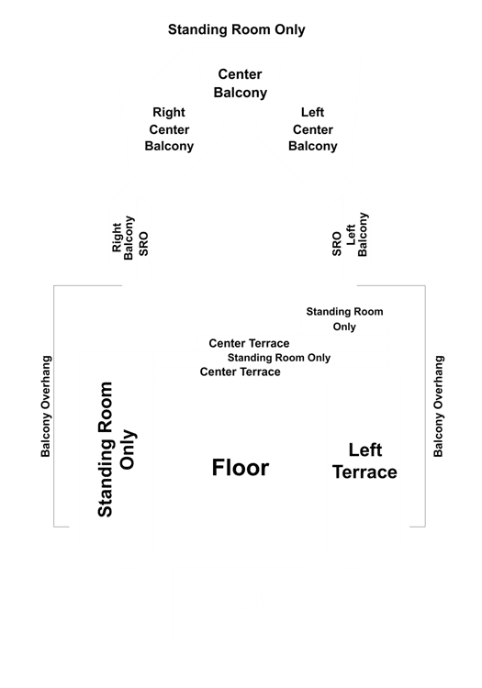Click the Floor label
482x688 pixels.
click(241, 467)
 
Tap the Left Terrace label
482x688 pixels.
click(364, 461)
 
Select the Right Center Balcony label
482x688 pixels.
click(169, 129)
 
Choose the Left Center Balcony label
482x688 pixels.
click(312, 129)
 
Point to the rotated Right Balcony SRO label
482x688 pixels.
click(130, 238)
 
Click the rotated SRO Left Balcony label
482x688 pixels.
click(350, 234)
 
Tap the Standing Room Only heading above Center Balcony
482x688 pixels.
click(237, 29)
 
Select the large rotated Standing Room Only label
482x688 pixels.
click(117, 449)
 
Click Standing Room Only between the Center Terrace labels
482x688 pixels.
click(279, 358)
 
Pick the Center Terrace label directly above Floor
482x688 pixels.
click(241, 372)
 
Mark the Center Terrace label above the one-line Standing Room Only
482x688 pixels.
click(249, 343)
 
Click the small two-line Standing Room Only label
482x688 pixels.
click(344, 319)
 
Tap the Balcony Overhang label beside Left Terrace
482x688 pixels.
click(439, 406)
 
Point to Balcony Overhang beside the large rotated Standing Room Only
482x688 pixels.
click(46, 406)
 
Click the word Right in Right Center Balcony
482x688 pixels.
click(169, 112)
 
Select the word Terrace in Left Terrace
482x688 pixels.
click(364, 472)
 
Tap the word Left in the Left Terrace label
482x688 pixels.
click(365, 450)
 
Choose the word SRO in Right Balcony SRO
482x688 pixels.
click(143, 244)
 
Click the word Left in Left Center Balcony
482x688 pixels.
click(312, 112)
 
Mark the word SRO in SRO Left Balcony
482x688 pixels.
click(337, 244)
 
